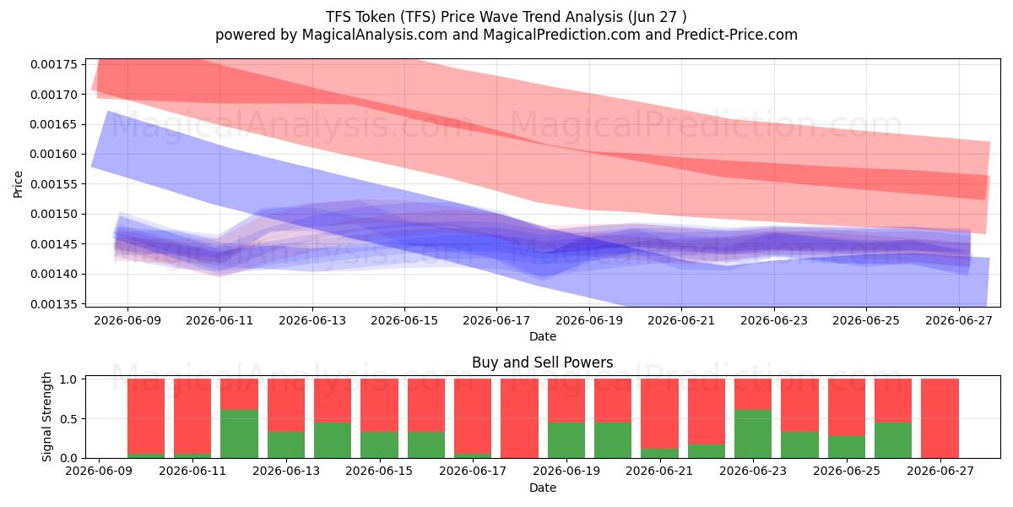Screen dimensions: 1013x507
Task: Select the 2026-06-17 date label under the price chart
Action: click(x=496, y=320)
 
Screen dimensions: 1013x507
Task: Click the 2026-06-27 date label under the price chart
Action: click(x=959, y=320)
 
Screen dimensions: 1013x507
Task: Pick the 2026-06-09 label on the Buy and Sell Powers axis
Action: click(x=99, y=472)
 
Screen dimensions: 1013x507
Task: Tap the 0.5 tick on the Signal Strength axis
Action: click(x=68, y=419)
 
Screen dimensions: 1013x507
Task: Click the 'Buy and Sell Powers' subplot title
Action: click(x=543, y=363)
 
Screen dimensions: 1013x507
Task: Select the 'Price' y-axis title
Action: click(x=18, y=184)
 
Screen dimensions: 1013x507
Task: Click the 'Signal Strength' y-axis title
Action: click(x=46, y=417)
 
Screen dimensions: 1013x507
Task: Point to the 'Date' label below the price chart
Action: click(x=543, y=336)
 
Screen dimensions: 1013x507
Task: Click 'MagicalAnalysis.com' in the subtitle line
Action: click(x=375, y=35)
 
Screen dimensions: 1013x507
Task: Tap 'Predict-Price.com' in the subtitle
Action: click(x=737, y=35)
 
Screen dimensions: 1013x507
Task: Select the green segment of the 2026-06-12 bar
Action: click(x=239, y=433)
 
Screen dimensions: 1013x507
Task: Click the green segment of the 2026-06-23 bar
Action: click(x=753, y=433)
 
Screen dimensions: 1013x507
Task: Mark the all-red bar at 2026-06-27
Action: click(x=940, y=418)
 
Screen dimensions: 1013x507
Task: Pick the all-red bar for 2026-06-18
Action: click(x=520, y=418)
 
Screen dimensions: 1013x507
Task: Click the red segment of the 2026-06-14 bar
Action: click(x=333, y=401)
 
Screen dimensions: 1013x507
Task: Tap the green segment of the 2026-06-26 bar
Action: click(x=893, y=440)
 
